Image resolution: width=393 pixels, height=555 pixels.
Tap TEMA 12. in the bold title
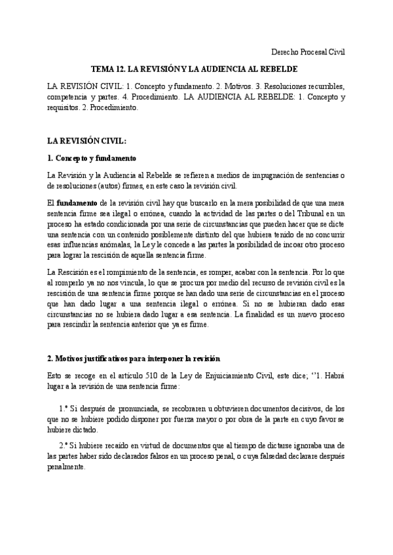pyautogui.click(x=107, y=69)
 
